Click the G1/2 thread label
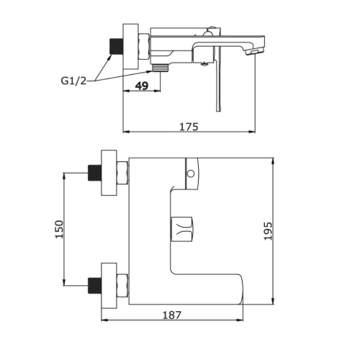click(73, 81)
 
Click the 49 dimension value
click(142, 86)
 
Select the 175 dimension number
click(189, 127)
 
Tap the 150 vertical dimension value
click(59, 229)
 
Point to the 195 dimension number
click(268, 231)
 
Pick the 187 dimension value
click(172, 315)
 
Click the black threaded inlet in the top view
click(117, 47)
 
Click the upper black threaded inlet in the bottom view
click(95, 173)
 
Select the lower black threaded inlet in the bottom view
click(95, 286)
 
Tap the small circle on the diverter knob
click(191, 174)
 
